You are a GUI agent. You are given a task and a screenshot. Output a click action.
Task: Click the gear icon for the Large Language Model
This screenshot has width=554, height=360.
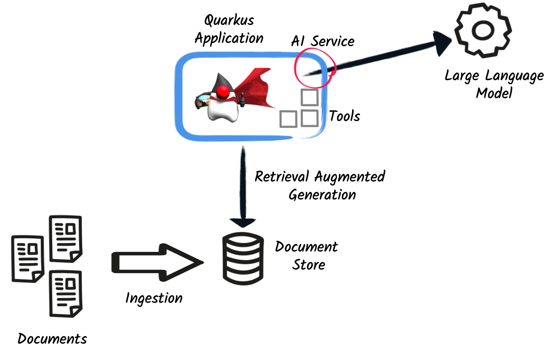pos(483,30)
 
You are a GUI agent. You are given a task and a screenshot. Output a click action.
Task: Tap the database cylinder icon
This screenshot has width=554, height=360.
pos(243,258)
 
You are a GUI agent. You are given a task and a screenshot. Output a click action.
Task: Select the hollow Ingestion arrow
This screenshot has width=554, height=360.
pos(156,262)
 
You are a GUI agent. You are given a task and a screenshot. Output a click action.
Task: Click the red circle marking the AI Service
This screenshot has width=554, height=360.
pos(315,68)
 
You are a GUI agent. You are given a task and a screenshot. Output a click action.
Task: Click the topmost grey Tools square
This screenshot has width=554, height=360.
pos(310,97)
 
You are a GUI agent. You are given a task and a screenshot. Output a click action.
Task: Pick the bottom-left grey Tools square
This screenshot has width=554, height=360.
pos(288,119)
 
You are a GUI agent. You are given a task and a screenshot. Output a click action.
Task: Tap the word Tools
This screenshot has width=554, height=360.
pos(344,116)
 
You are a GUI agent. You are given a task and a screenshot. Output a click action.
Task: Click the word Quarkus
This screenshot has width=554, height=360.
pos(229,20)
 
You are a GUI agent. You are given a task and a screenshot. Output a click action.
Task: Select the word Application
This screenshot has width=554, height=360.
pos(229,39)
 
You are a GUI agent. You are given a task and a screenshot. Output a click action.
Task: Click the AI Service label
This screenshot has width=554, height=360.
pos(323,41)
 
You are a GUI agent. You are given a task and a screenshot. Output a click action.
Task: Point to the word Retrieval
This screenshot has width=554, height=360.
pos(282,177)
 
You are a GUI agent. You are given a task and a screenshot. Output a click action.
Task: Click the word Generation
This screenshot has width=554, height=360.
pos(322,195)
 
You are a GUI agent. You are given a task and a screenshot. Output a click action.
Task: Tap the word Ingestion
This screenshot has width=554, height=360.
pos(154,298)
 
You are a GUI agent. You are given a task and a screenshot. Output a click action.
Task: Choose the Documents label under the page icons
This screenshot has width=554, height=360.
pos(52,339)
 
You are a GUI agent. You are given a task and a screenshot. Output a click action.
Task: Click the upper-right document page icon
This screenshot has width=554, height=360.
pos(65,239)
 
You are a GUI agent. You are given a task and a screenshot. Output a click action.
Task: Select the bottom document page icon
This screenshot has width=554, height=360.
pos(65,294)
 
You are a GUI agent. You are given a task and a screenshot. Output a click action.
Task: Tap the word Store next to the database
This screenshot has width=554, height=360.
pos(309,265)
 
